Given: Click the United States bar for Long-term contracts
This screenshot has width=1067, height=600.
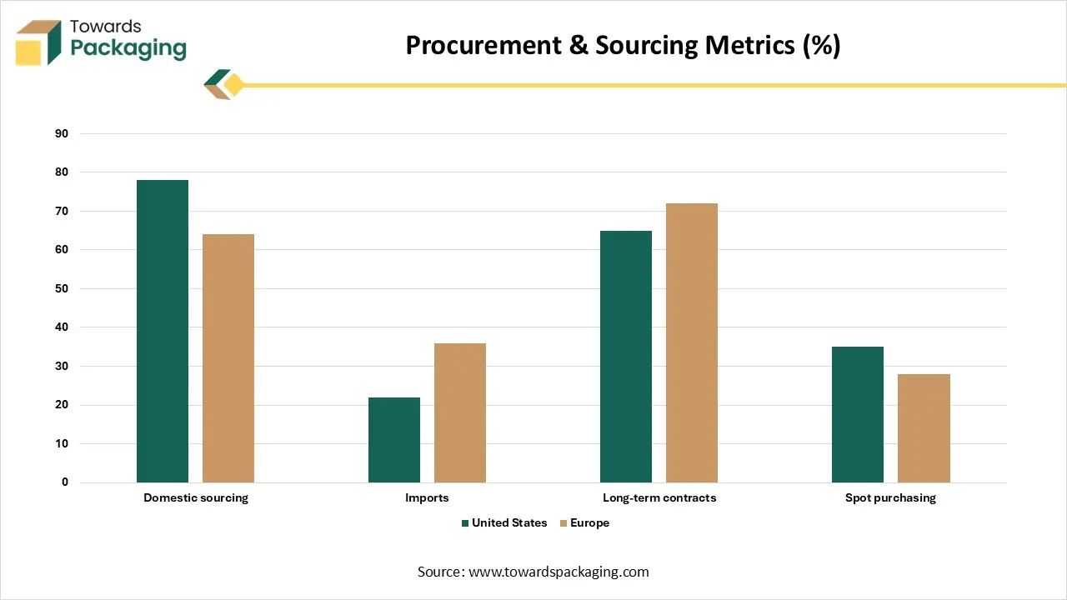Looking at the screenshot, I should [626, 357].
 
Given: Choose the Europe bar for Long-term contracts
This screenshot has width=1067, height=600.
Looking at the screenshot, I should [692, 342].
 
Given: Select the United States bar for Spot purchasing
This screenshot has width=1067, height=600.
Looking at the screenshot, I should [858, 414].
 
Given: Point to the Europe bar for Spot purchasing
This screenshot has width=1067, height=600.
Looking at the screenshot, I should [924, 428].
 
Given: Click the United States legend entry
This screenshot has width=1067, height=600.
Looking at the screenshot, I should [503, 523].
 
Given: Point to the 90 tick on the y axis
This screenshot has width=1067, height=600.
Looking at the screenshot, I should [62, 133].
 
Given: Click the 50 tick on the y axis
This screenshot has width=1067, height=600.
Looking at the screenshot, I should [62, 288].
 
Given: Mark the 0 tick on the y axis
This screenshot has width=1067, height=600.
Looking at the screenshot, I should [65, 482].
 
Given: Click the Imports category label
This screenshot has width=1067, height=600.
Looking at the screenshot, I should [427, 497].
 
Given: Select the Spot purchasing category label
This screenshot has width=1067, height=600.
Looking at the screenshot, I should [890, 497].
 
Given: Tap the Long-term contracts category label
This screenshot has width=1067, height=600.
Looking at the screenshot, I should [659, 497].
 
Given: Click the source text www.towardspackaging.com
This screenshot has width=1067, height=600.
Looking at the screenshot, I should [559, 572].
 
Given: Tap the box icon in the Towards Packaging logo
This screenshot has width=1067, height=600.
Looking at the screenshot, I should [38, 42].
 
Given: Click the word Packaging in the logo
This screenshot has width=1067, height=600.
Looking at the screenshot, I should [128, 48].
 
